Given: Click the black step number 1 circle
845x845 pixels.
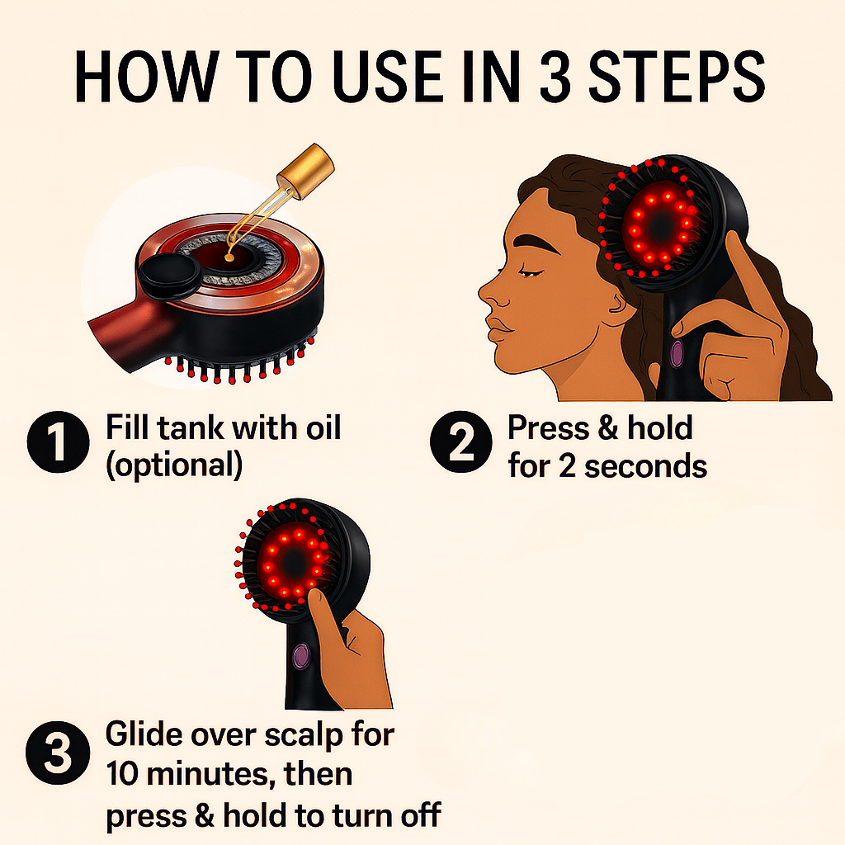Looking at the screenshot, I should [58, 445].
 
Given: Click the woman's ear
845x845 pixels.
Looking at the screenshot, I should [618, 309].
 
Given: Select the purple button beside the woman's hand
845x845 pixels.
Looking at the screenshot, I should [677, 353].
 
